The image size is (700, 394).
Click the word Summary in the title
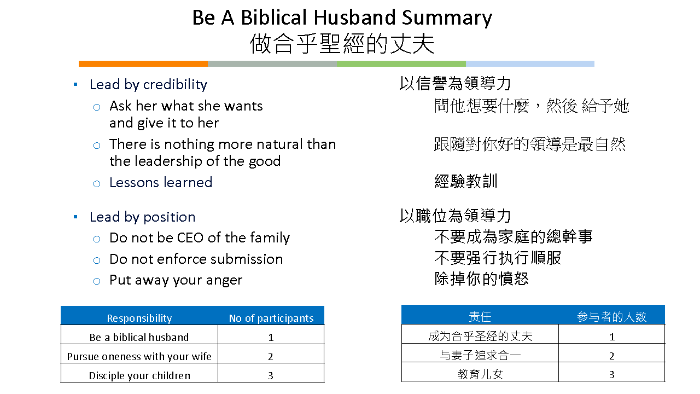tap(447, 19)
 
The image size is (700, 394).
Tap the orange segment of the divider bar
tap(143, 64)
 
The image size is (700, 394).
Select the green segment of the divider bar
tap(401, 64)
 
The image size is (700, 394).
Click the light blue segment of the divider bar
tap(530, 64)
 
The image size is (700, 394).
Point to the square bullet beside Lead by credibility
tap(75, 84)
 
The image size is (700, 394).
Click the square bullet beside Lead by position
tap(75, 217)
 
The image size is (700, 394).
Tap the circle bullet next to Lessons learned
tap(97, 183)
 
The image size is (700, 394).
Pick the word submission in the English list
tap(247, 259)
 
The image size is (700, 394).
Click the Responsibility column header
tap(139, 318)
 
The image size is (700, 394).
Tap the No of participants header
tap(271, 318)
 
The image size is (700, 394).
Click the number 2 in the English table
tap(271, 356)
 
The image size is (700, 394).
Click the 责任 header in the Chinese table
tap(480, 317)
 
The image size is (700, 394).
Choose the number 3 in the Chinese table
tap(612, 375)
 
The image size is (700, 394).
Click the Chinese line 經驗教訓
tap(465, 181)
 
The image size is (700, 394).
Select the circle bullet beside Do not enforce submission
tap(97, 260)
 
